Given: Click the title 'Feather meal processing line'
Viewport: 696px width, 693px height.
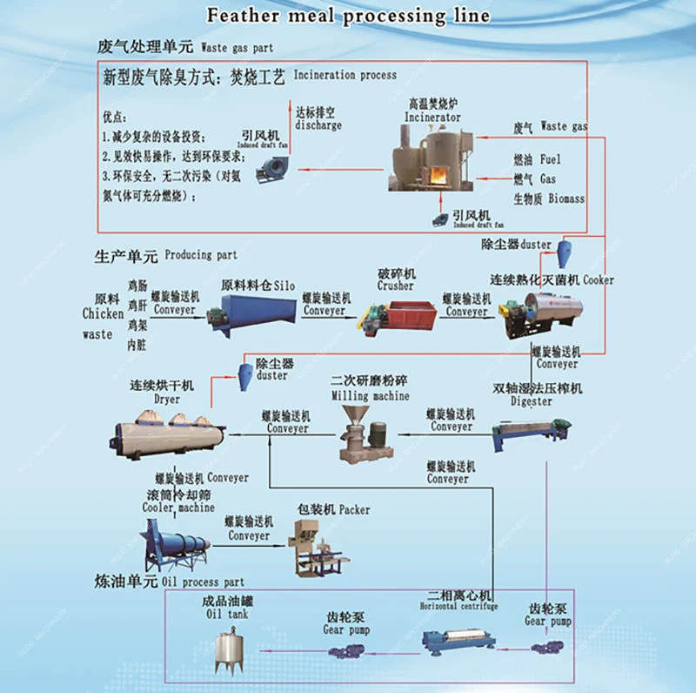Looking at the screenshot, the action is [347, 16].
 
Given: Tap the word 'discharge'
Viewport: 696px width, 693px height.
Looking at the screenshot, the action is [318, 125].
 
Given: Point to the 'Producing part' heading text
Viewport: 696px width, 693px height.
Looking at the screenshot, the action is [200, 255].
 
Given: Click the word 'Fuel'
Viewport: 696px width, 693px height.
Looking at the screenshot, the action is [551, 159].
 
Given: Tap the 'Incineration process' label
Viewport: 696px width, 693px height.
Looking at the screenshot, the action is [345, 76].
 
